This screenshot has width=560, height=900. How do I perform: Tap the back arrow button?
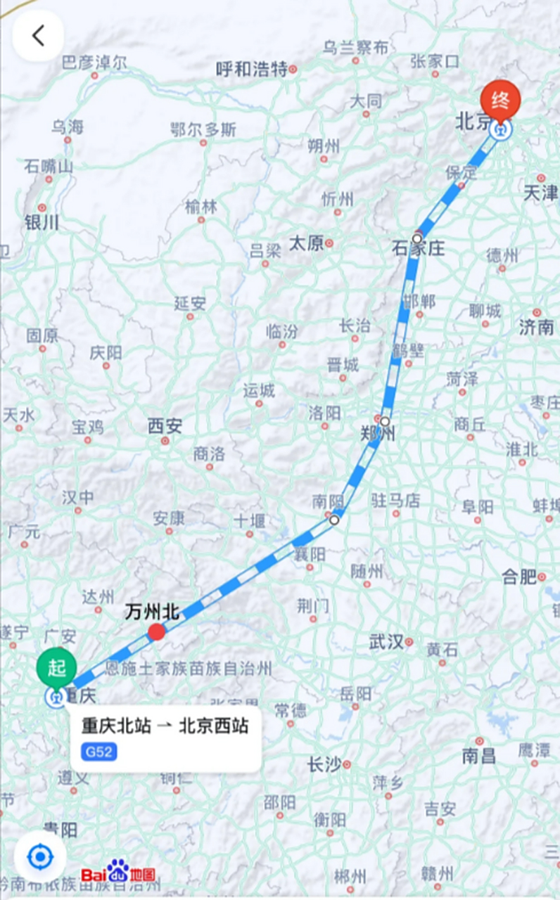click(x=38, y=36)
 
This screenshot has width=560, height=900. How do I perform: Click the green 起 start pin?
click(x=57, y=668)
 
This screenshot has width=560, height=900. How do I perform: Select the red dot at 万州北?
click(x=156, y=632)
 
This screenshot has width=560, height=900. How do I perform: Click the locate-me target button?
click(x=40, y=856)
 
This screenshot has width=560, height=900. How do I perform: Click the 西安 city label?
click(x=165, y=425)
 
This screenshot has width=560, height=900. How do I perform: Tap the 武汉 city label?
click(x=386, y=641)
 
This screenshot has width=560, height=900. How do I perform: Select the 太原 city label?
click(x=307, y=243)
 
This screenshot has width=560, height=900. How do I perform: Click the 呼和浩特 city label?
click(x=252, y=69)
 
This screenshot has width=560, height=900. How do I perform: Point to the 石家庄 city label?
click(x=419, y=248)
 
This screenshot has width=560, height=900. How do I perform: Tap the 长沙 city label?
click(x=324, y=764)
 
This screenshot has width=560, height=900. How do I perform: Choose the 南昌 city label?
click(x=478, y=756)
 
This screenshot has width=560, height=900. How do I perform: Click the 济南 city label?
click(x=536, y=326)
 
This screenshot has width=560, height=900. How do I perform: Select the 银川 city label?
click(x=42, y=223)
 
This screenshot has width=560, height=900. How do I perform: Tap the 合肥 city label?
click(x=519, y=577)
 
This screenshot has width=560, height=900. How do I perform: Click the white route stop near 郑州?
click(x=385, y=421)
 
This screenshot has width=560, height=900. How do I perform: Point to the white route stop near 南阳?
click(x=334, y=520)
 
